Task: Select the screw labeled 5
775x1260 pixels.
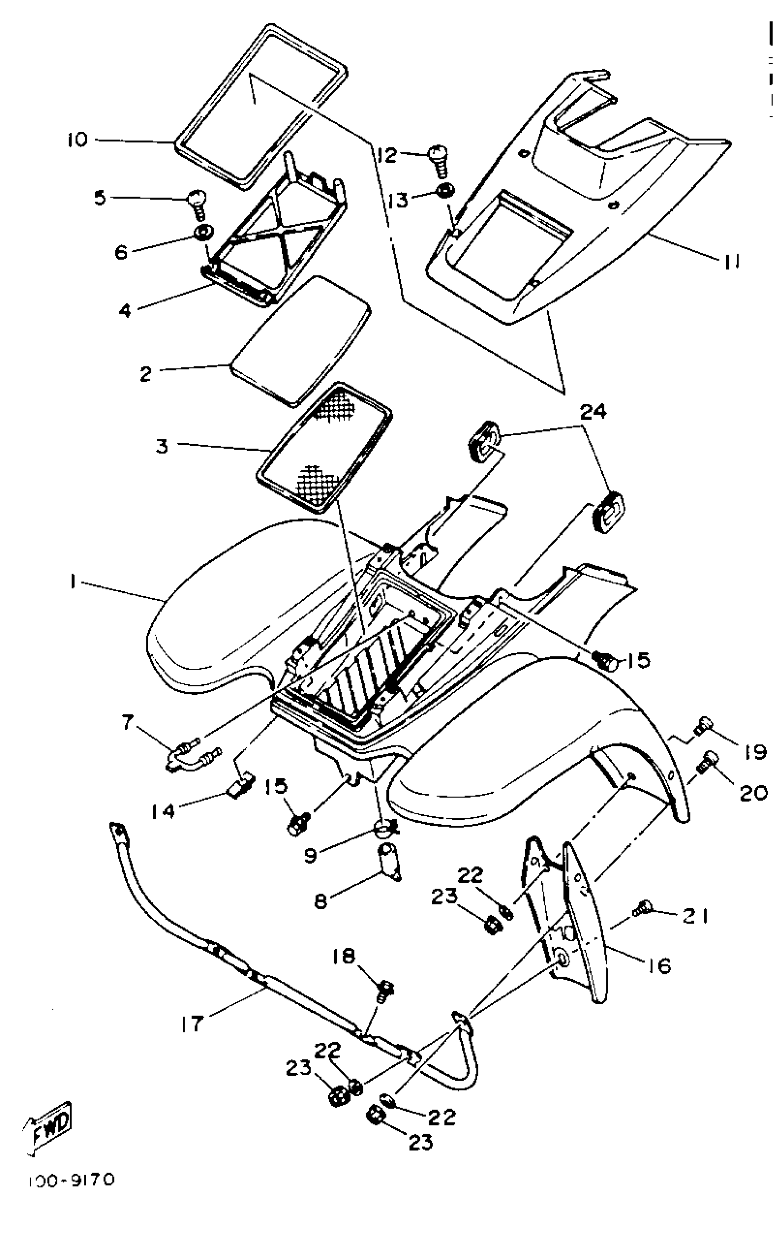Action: coord(197,204)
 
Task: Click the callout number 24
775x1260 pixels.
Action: coord(593,411)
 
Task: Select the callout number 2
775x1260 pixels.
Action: coord(146,374)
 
